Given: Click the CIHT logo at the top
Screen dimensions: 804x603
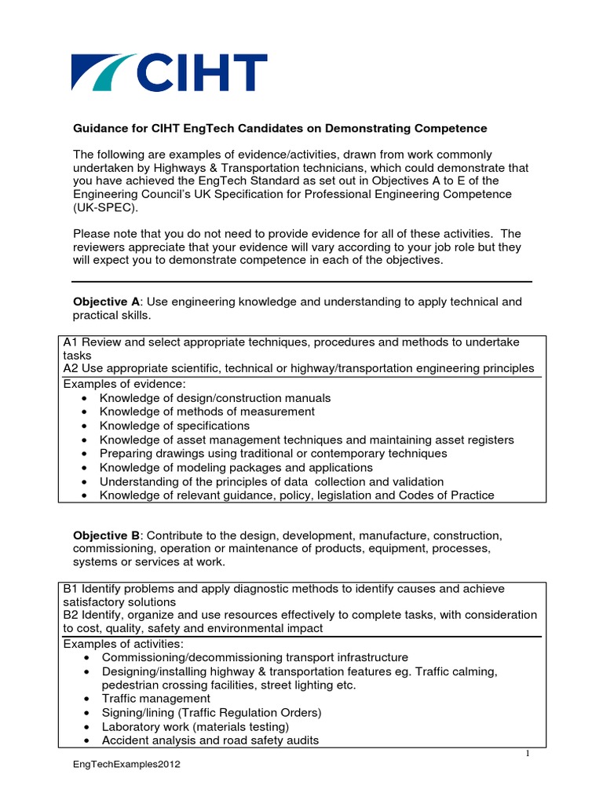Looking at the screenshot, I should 169,72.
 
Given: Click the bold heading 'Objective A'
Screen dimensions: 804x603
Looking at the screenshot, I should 106,301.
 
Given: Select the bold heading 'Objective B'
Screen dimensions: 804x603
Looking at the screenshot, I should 106,535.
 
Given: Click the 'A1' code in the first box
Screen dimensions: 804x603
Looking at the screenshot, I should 70,342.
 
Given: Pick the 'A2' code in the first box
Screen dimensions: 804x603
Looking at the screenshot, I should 70,368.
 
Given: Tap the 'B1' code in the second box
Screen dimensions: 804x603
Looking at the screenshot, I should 70,588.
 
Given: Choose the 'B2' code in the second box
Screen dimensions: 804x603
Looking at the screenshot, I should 70,615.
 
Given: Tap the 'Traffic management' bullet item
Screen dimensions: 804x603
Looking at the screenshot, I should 155,698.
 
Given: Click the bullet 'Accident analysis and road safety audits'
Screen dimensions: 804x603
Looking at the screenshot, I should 209,740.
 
